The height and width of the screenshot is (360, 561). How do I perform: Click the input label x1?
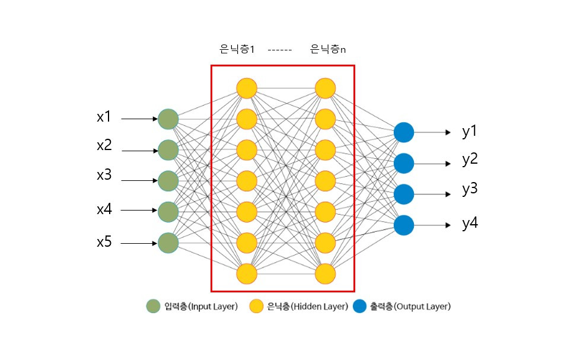click(104, 117)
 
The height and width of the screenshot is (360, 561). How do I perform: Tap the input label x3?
click(104, 176)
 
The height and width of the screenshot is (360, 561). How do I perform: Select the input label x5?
click(104, 242)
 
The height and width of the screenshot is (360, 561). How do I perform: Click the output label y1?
click(470, 132)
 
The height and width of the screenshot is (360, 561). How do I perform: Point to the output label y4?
click(470, 224)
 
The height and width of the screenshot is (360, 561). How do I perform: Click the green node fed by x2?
click(168, 150)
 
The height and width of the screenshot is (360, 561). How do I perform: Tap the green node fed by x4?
click(168, 211)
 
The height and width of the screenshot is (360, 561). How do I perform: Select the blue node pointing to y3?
click(404, 194)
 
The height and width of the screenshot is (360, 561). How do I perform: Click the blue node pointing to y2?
click(404, 163)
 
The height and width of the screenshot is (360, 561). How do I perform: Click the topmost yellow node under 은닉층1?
click(246, 88)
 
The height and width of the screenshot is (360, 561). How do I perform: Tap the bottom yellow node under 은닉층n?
click(326, 273)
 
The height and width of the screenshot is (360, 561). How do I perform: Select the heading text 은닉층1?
click(237, 50)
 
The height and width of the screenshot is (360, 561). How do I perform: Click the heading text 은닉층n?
click(328, 50)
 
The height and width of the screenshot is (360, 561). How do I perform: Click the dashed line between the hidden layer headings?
click(279, 50)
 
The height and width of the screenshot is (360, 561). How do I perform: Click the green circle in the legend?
click(153, 307)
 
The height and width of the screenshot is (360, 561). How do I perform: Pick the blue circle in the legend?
click(359, 307)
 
